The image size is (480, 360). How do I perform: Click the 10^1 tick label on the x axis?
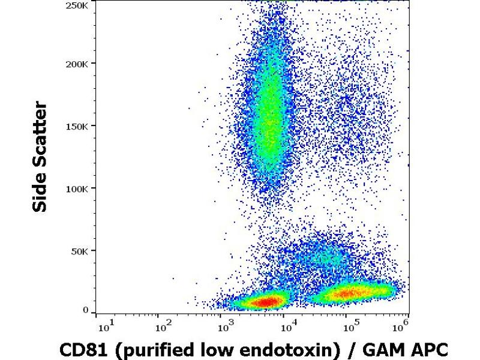point(103,326)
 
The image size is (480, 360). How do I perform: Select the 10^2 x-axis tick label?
point(164,326)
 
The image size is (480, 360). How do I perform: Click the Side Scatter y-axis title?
point(41,157)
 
